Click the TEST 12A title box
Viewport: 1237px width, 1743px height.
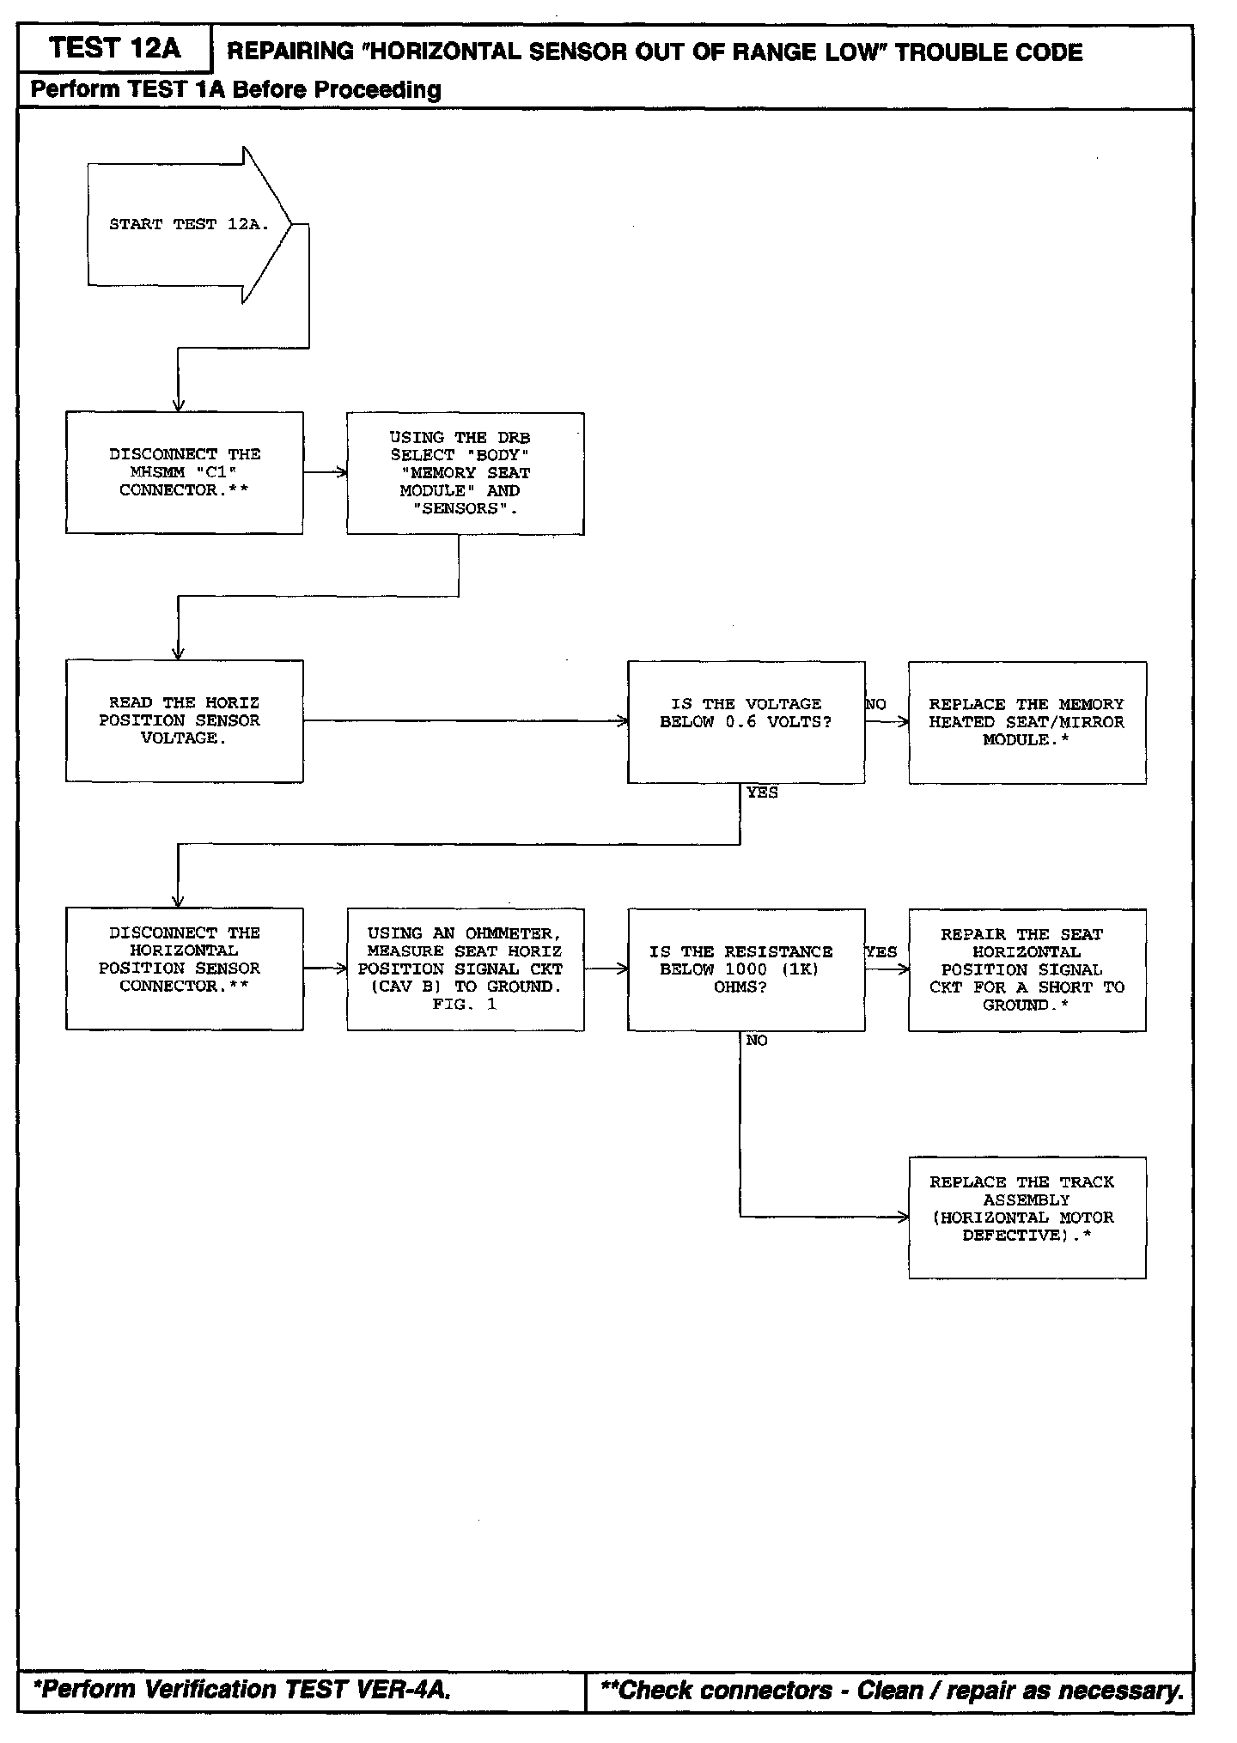[x=114, y=49]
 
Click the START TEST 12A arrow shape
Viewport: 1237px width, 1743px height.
[x=187, y=225]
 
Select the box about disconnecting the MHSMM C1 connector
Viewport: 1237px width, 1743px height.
[x=184, y=472]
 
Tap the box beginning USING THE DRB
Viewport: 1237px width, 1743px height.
[x=465, y=473]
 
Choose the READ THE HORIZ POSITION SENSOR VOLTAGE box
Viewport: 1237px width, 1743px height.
[x=184, y=720]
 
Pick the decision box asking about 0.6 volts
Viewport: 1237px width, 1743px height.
[x=746, y=721]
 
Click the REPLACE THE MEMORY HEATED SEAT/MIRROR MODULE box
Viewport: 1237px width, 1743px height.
[x=1027, y=722]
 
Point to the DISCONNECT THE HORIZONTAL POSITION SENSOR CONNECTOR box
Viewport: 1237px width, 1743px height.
[x=184, y=969]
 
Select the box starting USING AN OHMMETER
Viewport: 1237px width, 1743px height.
[x=465, y=969]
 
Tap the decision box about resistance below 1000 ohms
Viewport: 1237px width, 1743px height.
[x=746, y=969]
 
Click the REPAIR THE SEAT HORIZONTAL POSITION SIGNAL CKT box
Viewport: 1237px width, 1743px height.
[x=1027, y=969]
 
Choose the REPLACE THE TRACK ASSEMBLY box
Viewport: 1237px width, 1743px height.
[x=1027, y=1217]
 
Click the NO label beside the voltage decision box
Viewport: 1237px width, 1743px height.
[x=876, y=705]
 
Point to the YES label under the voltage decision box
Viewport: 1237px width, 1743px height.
[x=762, y=793]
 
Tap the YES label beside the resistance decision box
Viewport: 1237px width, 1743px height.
[x=881, y=952]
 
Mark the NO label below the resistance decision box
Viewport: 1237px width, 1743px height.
[x=757, y=1041]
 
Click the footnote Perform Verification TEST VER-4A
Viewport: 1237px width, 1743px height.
[x=241, y=1689]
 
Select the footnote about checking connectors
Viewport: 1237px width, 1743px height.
[x=891, y=1691]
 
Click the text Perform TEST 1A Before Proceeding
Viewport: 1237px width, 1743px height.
[x=236, y=90]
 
